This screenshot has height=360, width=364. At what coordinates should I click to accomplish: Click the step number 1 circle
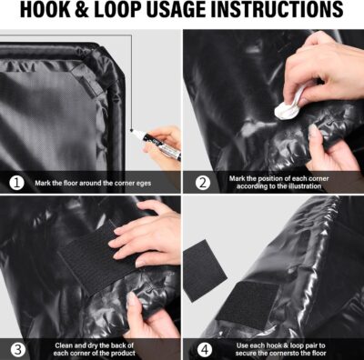(x=15, y=182)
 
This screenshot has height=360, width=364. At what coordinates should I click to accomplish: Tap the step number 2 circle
(x=202, y=182)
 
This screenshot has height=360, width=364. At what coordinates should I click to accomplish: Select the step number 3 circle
(x=15, y=347)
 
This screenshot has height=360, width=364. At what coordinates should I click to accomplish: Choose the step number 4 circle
(x=202, y=347)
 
